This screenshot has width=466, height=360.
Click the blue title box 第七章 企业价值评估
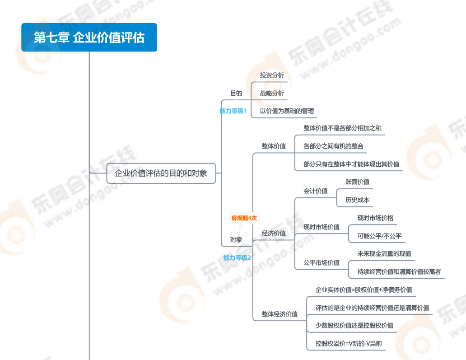[89, 37]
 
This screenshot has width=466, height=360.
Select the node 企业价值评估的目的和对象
[161, 173]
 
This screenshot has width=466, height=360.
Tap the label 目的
[236, 94]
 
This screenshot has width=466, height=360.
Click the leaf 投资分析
[272, 75]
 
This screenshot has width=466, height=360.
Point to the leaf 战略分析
[272, 94]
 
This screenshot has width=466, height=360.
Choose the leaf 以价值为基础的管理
[287, 111]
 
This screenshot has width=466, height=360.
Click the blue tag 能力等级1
[233, 111]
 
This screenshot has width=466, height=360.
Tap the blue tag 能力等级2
[237, 258]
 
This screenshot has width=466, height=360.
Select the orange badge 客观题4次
[244, 218]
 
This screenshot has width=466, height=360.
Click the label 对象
[236, 239]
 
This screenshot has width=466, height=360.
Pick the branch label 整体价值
[274, 146]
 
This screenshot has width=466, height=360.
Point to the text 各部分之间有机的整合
[333, 146]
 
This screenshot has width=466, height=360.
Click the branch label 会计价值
[315, 191]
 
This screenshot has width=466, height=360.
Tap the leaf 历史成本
[357, 200]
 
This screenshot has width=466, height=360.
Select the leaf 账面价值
[357, 182]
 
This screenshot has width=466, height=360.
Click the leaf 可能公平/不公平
[379, 236]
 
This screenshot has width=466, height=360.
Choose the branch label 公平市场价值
[321, 263]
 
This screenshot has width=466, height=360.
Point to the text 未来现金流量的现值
[384, 253]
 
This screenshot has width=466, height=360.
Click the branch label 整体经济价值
[280, 314]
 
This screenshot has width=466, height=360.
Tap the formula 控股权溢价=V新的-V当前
[349, 344]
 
